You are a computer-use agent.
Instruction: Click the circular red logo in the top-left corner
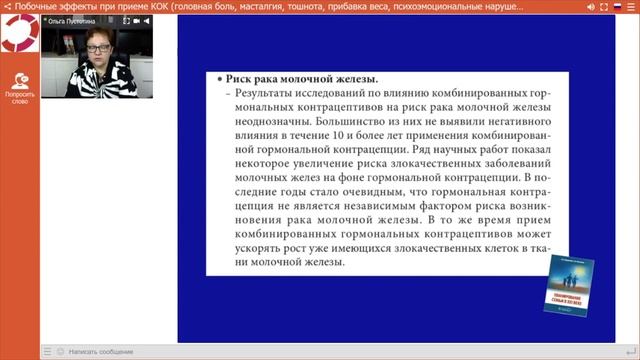click(19, 35)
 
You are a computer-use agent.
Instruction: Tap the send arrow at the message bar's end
click(630, 352)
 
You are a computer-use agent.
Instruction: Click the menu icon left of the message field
click(47, 352)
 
